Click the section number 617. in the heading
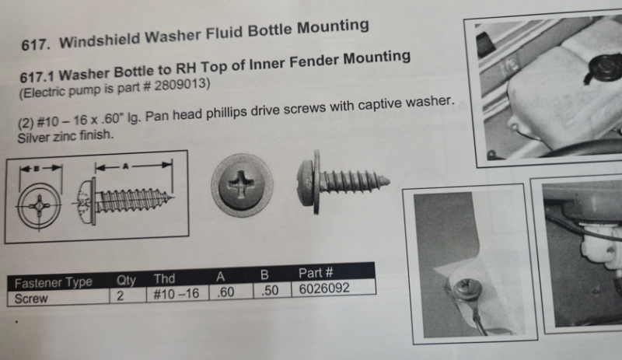tap(36, 44)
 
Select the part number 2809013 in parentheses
tap(180, 86)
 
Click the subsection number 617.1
tap(37, 76)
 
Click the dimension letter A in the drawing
tap(126, 166)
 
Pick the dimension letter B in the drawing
tap(37, 169)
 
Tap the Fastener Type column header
tap(53, 282)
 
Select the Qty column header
tap(126, 280)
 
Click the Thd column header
tap(164, 278)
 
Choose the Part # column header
tap(316, 273)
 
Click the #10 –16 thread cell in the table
tap(176, 294)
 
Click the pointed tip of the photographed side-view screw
tap(390, 182)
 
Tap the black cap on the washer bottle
tap(604, 66)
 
